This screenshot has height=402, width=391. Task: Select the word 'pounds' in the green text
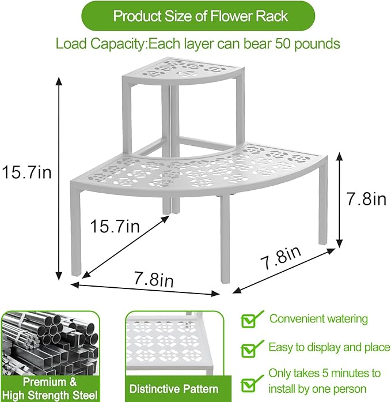[318, 44]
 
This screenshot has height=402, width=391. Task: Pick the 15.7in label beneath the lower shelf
[115, 227]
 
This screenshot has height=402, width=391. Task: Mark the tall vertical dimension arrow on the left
[59, 179]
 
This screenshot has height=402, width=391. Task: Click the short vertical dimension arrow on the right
[339, 200]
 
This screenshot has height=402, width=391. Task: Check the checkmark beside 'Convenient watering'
[249, 320]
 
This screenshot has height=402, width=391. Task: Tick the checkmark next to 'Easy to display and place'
[249, 348]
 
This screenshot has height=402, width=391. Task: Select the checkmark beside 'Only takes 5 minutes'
[249, 381]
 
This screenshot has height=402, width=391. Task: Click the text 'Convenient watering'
[318, 318]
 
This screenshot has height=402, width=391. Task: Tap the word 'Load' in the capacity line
[70, 44]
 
